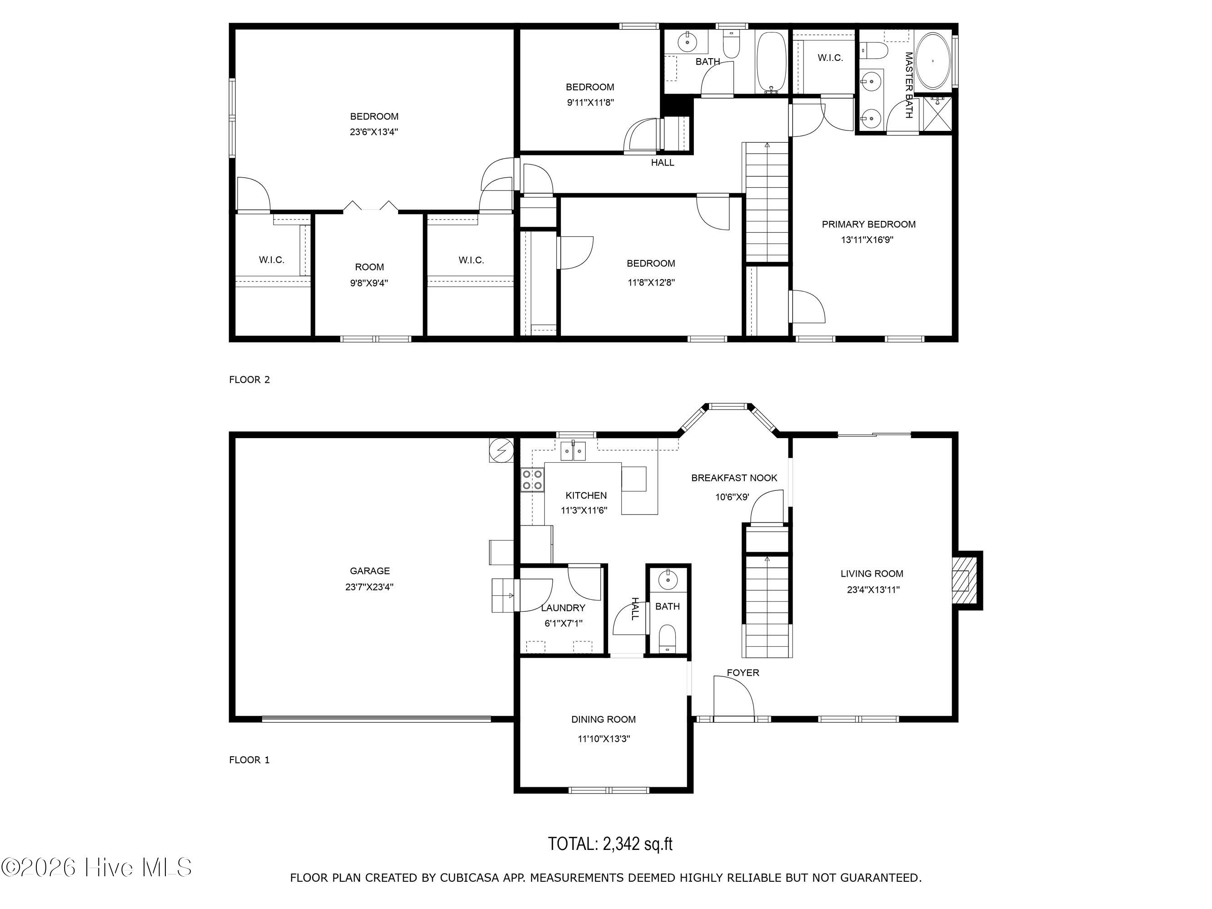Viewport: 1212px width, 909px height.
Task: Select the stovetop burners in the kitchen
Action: click(532, 479)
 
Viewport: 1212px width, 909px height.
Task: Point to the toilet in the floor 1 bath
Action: click(668, 638)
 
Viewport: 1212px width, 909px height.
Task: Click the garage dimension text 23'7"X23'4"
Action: click(369, 587)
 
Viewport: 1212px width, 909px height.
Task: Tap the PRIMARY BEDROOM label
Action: click(868, 224)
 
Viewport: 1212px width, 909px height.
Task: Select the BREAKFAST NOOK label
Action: click(734, 478)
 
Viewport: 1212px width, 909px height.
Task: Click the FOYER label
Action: click(743, 672)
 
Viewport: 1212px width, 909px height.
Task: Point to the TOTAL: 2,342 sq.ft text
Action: click(610, 843)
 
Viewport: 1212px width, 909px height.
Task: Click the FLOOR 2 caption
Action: click(249, 380)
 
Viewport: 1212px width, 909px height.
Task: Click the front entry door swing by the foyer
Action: click(734, 696)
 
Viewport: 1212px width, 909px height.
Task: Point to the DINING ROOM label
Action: click(603, 719)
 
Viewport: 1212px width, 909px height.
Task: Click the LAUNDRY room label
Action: click(563, 608)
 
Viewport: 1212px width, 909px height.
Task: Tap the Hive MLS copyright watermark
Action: click(97, 867)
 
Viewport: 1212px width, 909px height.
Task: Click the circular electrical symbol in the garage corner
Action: click(501, 450)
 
